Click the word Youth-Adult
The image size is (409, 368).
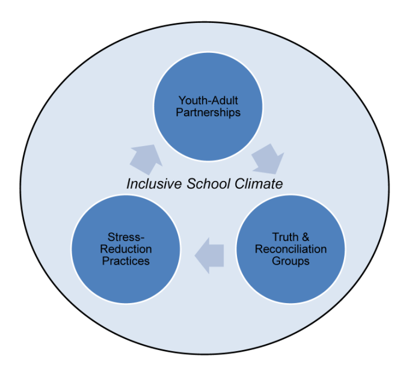pyautogui.click(x=208, y=100)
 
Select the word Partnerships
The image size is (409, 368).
pyautogui.click(x=208, y=112)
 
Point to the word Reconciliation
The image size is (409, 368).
pyautogui.click(x=291, y=249)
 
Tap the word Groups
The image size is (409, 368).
pyautogui.click(x=291, y=261)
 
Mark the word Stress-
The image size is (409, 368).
pyautogui.click(x=126, y=237)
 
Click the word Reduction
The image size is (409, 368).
pyautogui.click(x=126, y=249)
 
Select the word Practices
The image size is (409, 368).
pyautogui.click(x=126, y=261)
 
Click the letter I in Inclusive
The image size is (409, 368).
pyautogui.click(x=128, y=184)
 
